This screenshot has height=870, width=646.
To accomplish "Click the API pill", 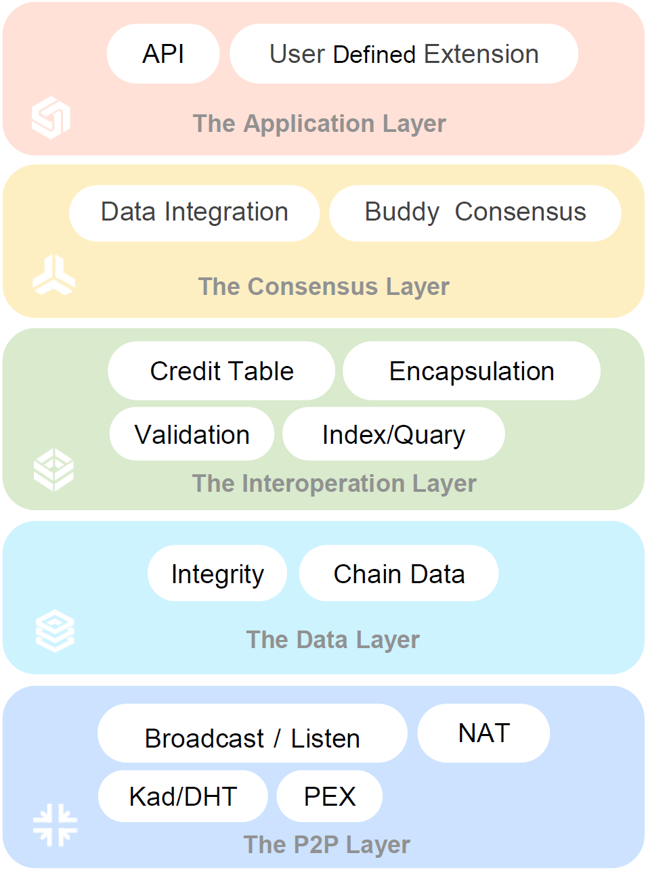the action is pyautogui.click(x=163, y=53).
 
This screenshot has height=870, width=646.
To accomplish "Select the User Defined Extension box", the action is pyautogui.click(x=404, y=53).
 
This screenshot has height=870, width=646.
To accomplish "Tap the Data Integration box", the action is pyautogui.click(x=194, y=213).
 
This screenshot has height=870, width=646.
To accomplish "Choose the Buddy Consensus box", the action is pyautogui.click(x=475, y=213).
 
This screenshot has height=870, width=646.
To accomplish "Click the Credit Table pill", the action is pyautogui.click(x=221, y=371).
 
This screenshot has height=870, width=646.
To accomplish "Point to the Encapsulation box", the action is pyautogui.click(x=472, y=371).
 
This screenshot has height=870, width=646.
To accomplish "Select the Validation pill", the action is pyautogui.click(x=192, y=434).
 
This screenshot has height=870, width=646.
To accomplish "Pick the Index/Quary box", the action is pyautogui.click(x=393, y=434).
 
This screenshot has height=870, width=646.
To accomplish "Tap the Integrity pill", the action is pyautogui.click(x=217, y=573).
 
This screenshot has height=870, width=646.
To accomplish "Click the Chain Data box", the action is pyautogui.click(x=399, y=573).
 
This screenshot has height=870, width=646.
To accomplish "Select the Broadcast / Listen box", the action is pyautogui.click(x=253, y=733).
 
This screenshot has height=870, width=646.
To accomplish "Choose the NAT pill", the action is pyautogui.click(x=483, y=733).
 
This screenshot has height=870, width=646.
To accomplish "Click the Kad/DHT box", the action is pyautogui.click(x=183, y=796).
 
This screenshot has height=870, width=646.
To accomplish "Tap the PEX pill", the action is pyautogui.click(x=330, y=796).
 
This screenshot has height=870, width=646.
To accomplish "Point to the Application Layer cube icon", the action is pyautogui.click(x=51, y=118).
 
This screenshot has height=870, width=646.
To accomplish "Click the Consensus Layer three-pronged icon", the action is pyautogui.click(x=53, y=275).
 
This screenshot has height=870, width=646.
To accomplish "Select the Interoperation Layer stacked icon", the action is pyautogui.click(x=53, y=470).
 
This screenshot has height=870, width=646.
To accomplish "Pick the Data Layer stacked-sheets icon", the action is pyautogui.click(x=55, y=631).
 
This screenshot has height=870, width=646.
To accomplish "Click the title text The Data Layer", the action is pyautogui.click(x=332, y=640).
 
